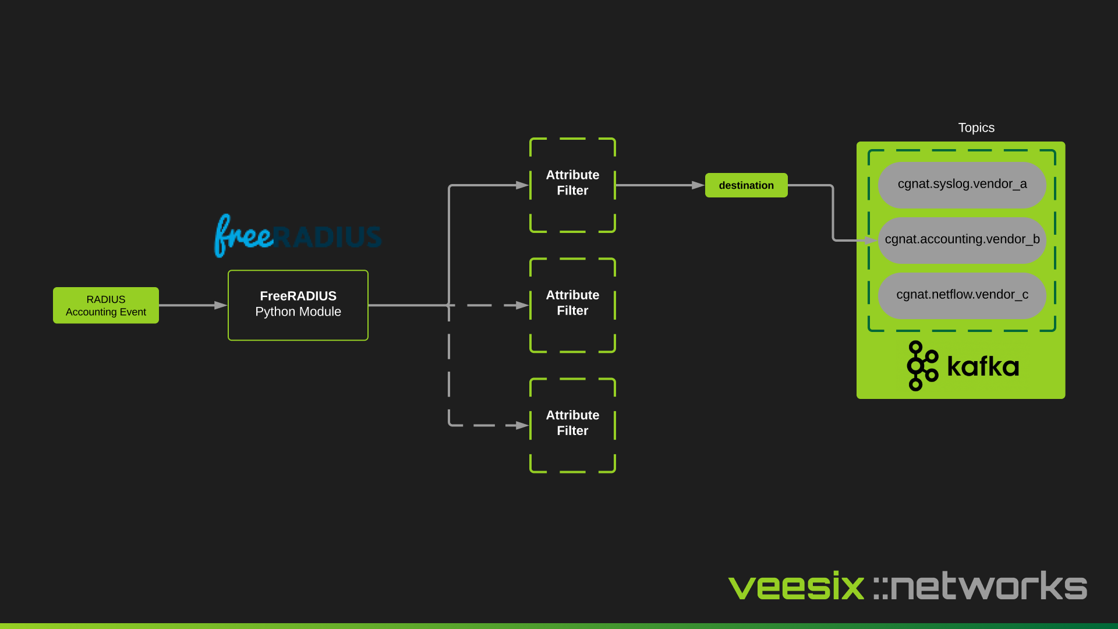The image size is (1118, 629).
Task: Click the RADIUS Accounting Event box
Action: tap(105, 305)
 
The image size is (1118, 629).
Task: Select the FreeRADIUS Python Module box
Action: tap(298, 305)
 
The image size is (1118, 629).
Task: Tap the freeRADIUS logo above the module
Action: tap(298, 236)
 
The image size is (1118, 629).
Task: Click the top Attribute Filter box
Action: tap(572, 185)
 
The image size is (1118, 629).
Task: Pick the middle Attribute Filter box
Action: tap(572, 305)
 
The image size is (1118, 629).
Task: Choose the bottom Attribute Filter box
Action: tap(572, 425)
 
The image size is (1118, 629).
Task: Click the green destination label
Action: tap(746, 185)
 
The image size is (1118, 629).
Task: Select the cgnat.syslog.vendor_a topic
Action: tap(962, 185)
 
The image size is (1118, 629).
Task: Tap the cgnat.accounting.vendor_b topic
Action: tap(962, 240)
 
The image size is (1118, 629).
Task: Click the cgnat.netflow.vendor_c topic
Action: tap(962, 295)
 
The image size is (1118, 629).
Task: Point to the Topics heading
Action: tap(976, 128)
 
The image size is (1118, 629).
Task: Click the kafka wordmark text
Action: tap(983, 367)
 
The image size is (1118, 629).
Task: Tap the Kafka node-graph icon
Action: tap(922, 366)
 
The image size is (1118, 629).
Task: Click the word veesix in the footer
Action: tap(796, 586)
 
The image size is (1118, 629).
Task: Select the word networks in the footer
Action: tap(988, 586)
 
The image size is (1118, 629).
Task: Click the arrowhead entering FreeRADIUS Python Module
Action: tap(221, 305)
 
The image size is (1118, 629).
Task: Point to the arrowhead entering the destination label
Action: tap(698, 185)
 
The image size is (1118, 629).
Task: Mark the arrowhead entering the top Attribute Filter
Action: tap(522, 185)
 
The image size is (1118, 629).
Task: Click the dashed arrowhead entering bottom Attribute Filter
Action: tap(522, 426)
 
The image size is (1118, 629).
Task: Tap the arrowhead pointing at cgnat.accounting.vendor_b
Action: tap(871, 240)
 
